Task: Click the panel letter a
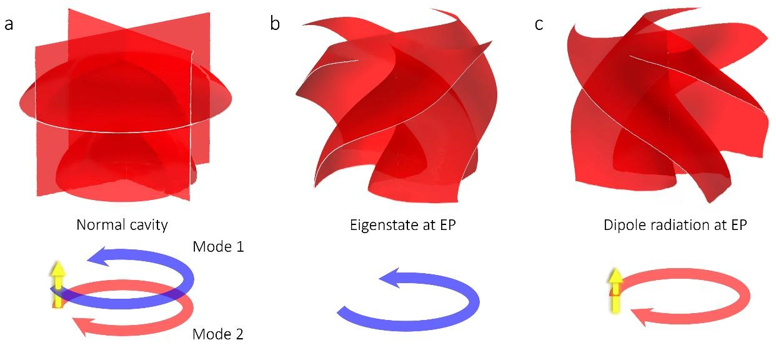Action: [x=9, y=24]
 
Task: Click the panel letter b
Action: [x=275, y=24]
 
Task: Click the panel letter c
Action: [x=539, y=24]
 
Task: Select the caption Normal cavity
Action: [x=122, y=225]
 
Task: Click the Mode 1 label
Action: [x=217, y=246]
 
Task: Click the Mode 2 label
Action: [x=217, y=334]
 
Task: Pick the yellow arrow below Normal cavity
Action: [x=58, y=284]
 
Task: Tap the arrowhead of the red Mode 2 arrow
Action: [x=82, y=326]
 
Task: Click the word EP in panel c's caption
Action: [x=739, y=225]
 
